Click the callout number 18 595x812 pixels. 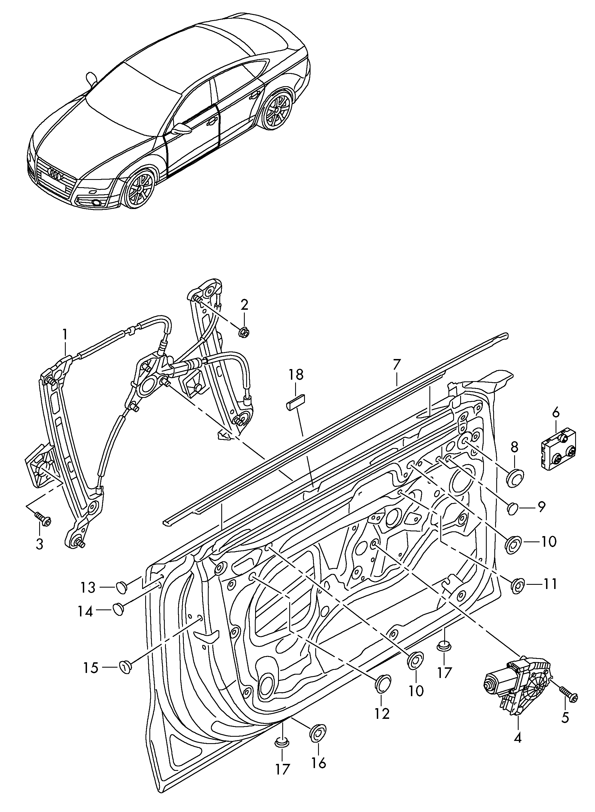point(295,375)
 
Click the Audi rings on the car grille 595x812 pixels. point(57,174)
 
